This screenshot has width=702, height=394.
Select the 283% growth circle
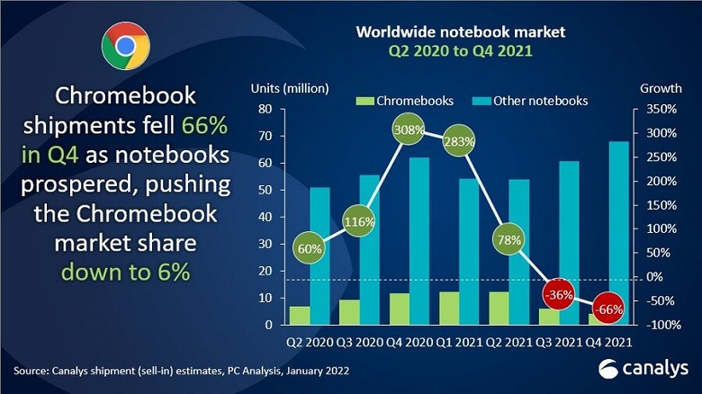[459, 141]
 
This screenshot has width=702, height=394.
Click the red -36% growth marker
[559, 295]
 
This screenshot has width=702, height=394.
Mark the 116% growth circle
[360, 220]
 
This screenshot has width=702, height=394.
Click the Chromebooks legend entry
[404, 100]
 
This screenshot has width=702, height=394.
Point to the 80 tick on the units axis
[265, 109]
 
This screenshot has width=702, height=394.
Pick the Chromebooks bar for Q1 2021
[448, 307]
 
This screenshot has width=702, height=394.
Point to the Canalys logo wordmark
[643, 368]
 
